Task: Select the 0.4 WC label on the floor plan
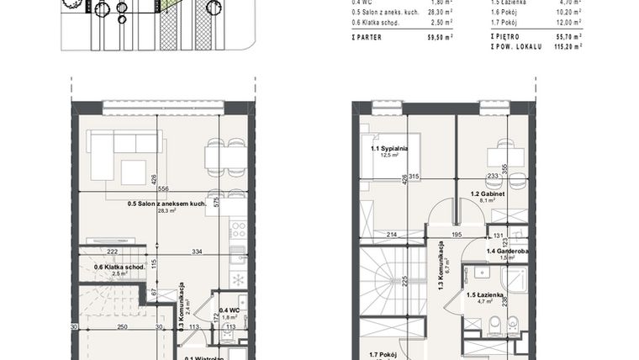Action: coord(228,311)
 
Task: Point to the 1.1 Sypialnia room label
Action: coord(388,149)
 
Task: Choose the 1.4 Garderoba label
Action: coord(507,251)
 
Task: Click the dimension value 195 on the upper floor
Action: coord(457,234)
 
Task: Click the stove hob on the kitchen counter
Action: coord(237,228)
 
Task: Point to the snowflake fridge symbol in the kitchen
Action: coord(237,278)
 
